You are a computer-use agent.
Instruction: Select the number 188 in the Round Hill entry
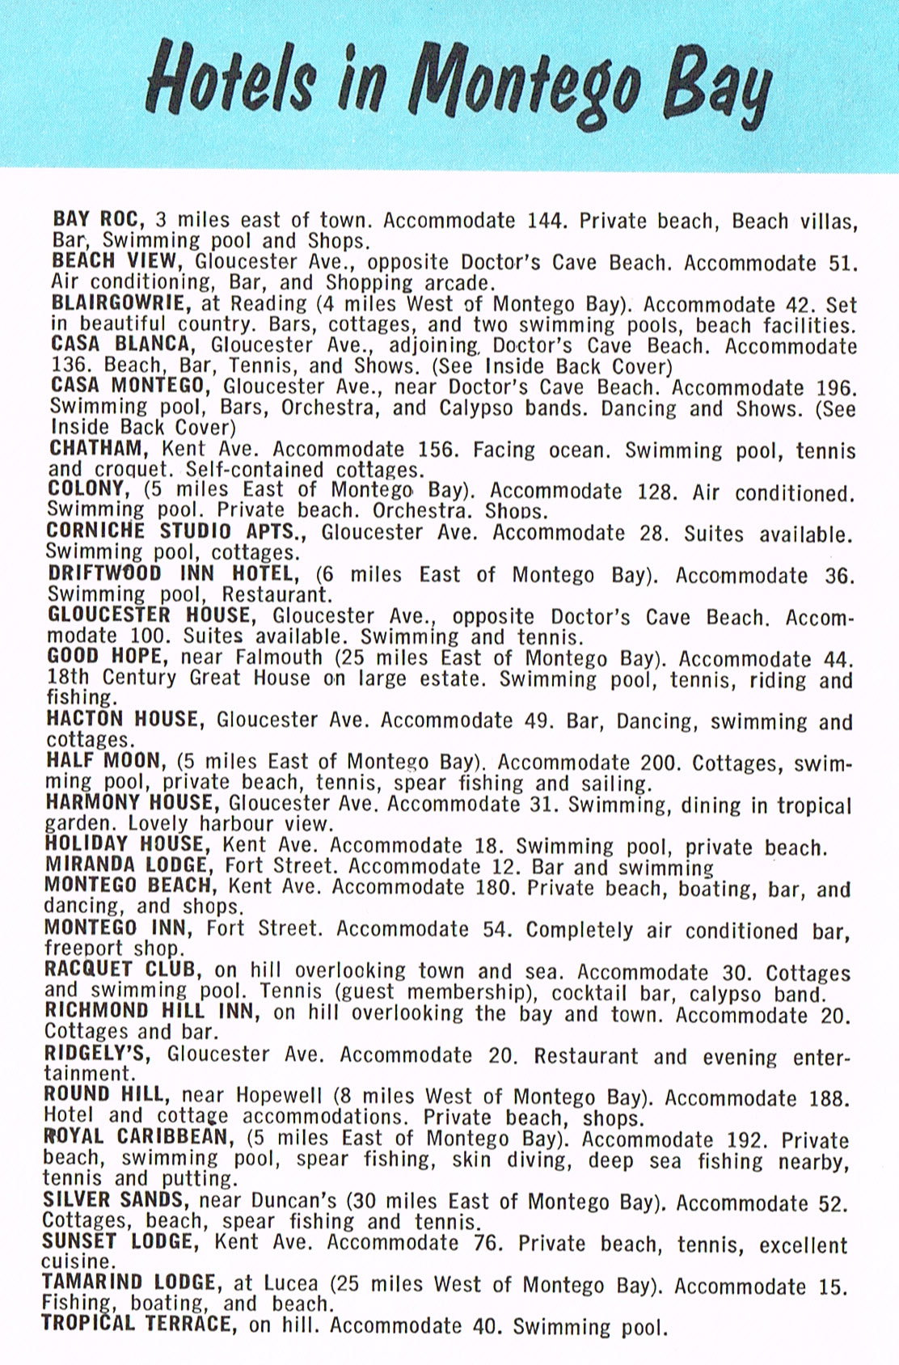coord(829,1098)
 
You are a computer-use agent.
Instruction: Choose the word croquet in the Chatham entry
coord(132,470)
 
